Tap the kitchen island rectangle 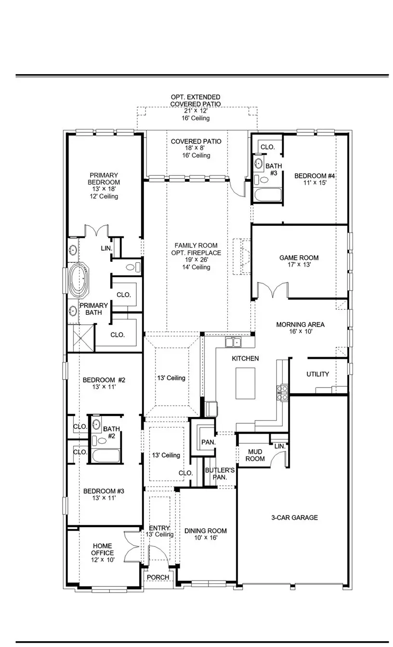(x=245, y=383)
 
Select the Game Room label (x=299, y=258)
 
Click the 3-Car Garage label (x=294, y=518)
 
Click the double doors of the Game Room (x=272, y=290)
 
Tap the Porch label (x=158, y=577)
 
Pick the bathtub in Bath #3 (x=267, y=195)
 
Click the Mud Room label (x=255, y=455)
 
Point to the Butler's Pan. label (x=220, y=473)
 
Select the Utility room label (x=318, y=374)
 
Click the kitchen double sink (x=234, y=342)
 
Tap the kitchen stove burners (x=282, y=392)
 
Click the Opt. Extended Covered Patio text (x=196, y=100)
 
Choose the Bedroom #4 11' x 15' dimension (x=314, y=183)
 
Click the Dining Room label (x=206, y=531)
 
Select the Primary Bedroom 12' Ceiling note (x=104, y=196)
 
